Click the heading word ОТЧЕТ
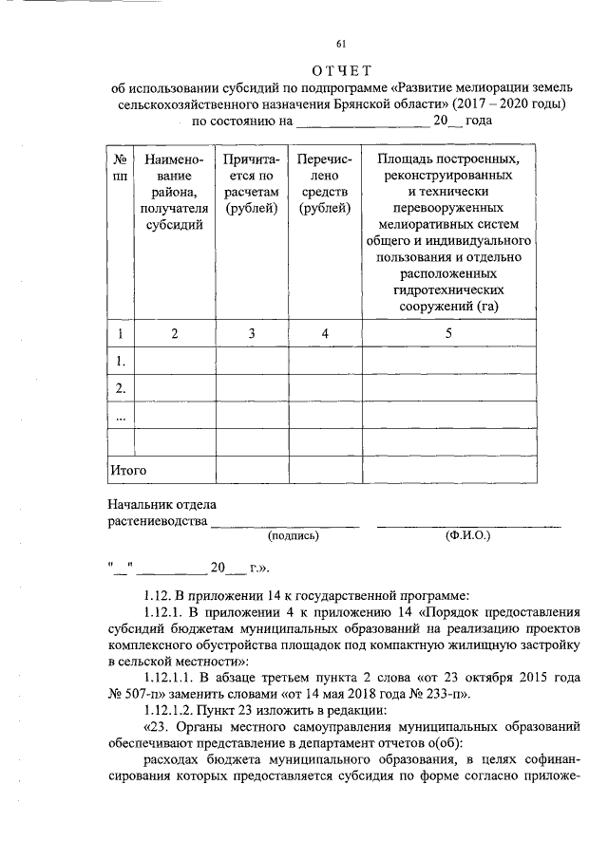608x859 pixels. (341, 71)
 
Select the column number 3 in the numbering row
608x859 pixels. (252, 334)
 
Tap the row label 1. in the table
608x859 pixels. (120, 362)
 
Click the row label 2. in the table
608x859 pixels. (120, 389)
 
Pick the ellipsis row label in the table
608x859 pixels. (119, 417)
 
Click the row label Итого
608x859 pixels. (128, 469)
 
